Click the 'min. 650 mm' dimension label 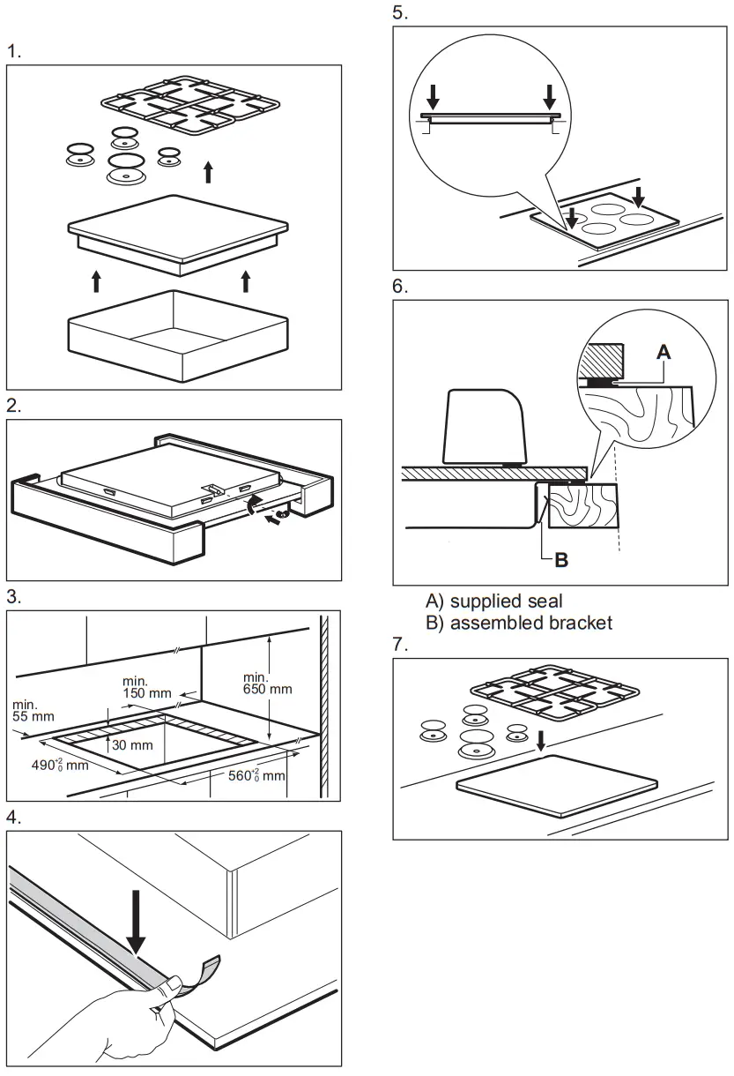[267, 682]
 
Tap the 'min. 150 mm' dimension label [146, 686]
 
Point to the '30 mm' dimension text [135, 745]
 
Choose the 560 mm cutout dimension [256, 774]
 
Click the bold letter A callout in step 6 [664, 351]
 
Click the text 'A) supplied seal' [493, 602]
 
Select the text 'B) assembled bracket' [519, 623]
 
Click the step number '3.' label [14, 597]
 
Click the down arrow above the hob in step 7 [542, 743]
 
